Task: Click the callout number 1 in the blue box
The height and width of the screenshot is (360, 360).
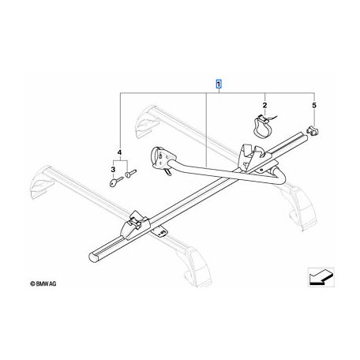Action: coord(219,84)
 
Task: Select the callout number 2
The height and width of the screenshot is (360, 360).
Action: coord(264,105)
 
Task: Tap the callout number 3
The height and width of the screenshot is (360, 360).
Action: coord(113,170)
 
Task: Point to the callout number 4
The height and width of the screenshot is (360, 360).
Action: coord(120,152)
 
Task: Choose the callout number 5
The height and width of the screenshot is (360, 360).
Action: coord(314,105)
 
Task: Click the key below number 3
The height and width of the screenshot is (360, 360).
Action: coord(116,182)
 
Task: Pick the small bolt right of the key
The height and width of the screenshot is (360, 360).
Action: coord(131,173)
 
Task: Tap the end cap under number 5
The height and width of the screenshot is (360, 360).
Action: coord(312,131)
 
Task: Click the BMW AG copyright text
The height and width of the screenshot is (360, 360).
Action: coord(43,283)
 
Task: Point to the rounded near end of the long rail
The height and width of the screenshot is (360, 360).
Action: coord(93,257)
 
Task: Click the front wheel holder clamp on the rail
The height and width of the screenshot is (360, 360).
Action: coord(134,225)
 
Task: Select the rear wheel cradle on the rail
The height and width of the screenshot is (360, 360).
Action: coord(249,156)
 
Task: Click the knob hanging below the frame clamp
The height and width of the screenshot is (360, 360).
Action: coord(167,171)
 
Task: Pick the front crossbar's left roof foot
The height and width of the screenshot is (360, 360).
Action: coord(40,182)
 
